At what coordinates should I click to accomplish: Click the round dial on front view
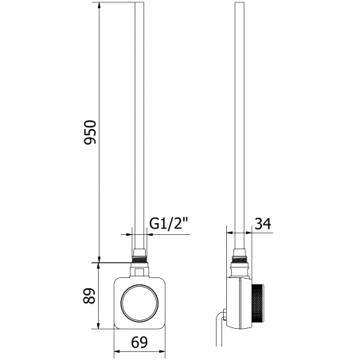(140, 303)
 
